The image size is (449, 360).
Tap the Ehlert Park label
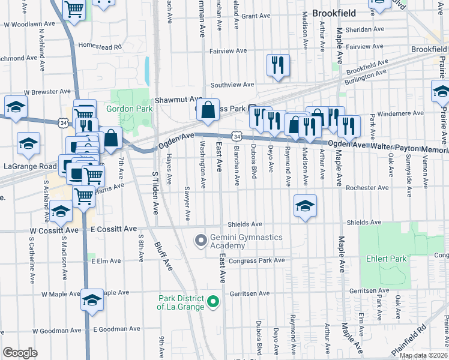(x=386, y=259)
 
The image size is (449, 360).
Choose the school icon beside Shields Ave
(x=305, y=206)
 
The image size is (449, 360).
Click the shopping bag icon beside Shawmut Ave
(x=208, y=110)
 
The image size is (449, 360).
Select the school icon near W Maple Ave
(x=92, y=300)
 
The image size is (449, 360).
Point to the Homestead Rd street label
(x=100, y=46)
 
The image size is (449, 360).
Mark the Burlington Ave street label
(x=366, y=75)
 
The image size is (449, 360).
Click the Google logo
(x=20, y=353)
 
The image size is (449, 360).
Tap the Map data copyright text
(x=423, y=355)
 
